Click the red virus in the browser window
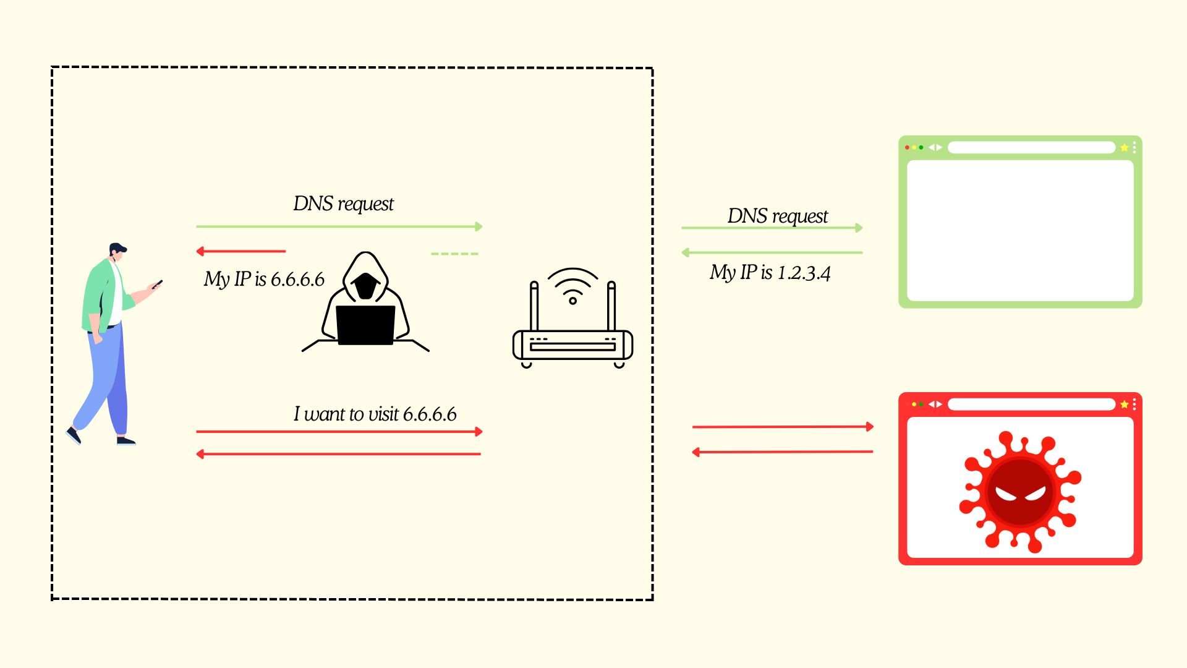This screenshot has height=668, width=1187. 1019,492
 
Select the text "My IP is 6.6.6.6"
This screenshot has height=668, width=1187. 264,279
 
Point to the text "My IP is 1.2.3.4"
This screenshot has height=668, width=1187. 770,272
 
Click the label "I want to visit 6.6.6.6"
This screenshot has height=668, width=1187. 375,414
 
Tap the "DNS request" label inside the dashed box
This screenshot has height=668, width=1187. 343,203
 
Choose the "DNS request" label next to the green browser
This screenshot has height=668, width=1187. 777,216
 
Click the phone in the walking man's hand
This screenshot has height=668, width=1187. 158,284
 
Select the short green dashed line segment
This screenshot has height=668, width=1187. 454,254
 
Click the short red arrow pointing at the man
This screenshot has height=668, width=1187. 240,251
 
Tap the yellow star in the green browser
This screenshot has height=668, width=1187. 1124,147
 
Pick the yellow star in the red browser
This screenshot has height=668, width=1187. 1124,404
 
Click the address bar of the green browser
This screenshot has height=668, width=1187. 1031,147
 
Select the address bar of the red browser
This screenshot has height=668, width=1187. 1031,404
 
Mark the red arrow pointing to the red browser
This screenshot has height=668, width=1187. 783,427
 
